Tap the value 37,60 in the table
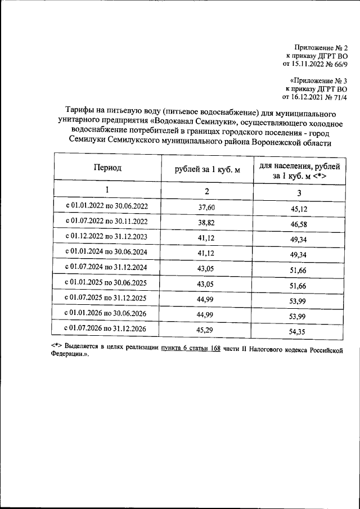(207, 208)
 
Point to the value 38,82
(207, 223)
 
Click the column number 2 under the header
(207, 191)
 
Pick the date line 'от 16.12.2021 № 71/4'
(315, 97)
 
